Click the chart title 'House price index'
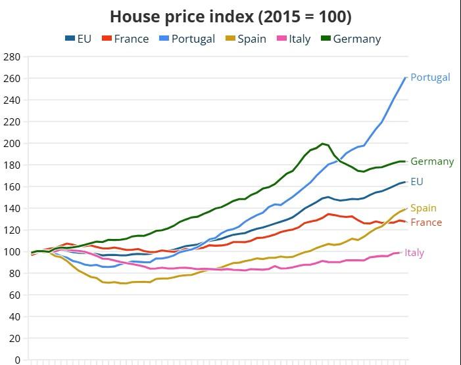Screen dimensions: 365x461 [x=230, y=16]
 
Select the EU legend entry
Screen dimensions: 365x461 [x=78, y=39]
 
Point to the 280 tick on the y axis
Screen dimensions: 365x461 [x=12, y=57]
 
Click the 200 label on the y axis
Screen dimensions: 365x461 [x=12, y=144]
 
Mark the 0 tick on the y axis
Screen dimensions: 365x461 [x=18, y=360]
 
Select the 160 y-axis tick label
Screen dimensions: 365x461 [x=12, y=187]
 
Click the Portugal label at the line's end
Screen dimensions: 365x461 [x=430, y=77]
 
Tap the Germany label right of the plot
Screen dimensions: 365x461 [x=432, y=161]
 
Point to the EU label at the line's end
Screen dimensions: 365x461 [x=417, y=182]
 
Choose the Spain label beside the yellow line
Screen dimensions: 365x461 [x=424, y=208]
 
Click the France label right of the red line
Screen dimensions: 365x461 [x=426, y=223]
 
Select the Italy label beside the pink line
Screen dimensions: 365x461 [x=414, y=253]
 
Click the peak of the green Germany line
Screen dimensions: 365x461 [x=322, y=144]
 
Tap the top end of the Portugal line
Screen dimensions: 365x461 [x=406, y=78]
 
